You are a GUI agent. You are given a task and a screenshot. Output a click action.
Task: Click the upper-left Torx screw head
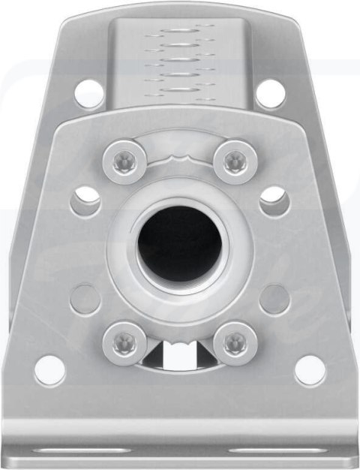point(124,159)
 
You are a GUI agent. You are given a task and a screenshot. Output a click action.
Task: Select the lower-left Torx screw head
point(124,342)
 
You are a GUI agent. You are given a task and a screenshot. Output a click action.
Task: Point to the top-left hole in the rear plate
point(89,94)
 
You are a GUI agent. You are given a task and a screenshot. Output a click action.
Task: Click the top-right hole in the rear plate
point(271,94)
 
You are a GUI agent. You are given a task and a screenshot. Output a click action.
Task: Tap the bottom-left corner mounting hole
point(49,370)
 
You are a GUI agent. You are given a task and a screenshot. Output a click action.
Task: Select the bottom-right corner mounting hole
point(310,370)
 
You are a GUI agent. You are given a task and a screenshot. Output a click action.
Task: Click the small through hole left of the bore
point(87,200)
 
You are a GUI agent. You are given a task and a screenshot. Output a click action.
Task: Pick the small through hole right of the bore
point(273,200)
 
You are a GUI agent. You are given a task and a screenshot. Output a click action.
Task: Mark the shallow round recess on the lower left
point(85,299)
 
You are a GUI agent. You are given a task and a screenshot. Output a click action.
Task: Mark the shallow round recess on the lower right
point(274,299)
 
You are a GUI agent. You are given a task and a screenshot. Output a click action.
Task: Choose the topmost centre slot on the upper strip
point(180,31)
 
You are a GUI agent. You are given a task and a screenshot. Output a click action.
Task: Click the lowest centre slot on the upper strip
point(180,93)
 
